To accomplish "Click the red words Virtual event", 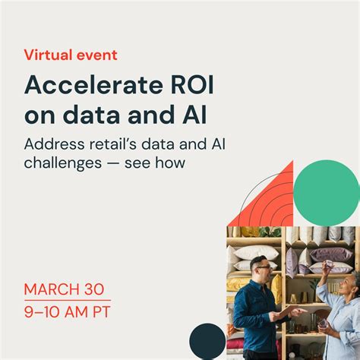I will [71, 55].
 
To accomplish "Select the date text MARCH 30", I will [64, 289].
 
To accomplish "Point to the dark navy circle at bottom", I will [207, 341].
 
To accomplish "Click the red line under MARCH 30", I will [67, 300].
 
